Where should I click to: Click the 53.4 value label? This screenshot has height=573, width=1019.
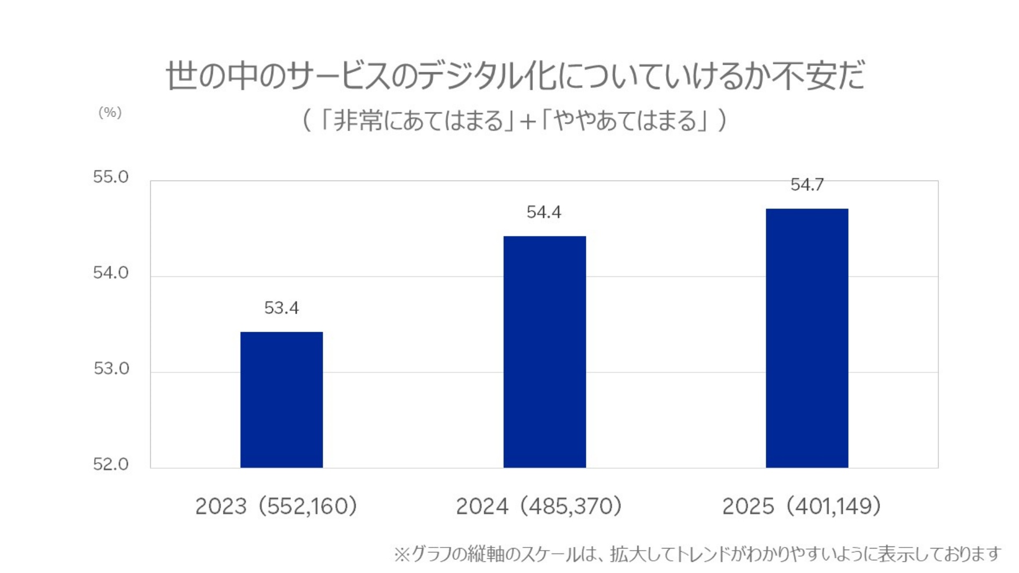coord(281,308)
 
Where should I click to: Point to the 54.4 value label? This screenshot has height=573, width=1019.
coord(543,212)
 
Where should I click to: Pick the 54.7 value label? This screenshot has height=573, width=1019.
coord(807,185)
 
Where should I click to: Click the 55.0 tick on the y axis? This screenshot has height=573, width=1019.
coord(111,177)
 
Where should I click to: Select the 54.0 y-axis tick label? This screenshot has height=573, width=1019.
coord(111,273)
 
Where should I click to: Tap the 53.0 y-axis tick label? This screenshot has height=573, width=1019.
coord(111,369)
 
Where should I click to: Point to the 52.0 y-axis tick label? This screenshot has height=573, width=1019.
coord(111,464)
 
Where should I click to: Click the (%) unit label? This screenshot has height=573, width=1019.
coord(110,112)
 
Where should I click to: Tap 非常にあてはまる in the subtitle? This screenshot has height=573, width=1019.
coord(417,120)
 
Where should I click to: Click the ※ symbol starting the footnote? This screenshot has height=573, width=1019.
coord(402,554)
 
